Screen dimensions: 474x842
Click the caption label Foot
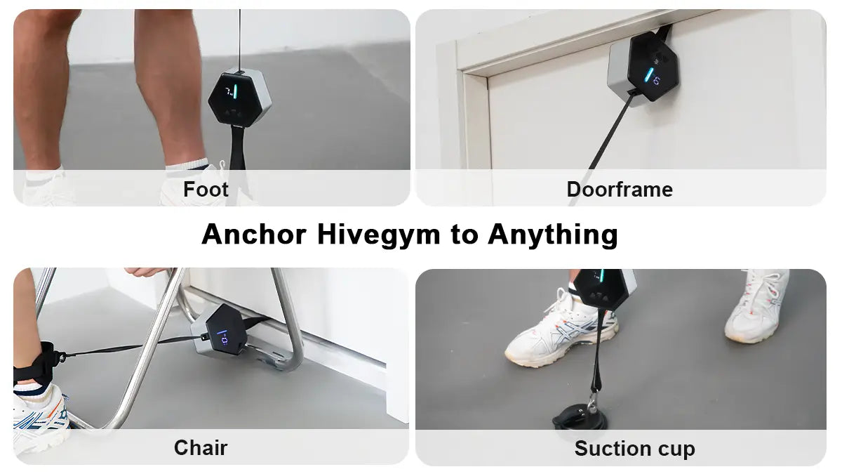[x=206, y=190]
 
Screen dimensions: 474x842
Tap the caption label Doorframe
[x=620, y=190]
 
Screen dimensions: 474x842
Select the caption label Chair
[x=201, y=448]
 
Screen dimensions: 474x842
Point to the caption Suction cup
[x=634, y=449]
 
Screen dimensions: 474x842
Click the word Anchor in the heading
[x=254, y=235]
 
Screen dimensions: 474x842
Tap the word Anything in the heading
[x=552, y=235]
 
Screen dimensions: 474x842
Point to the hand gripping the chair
[x=147, y=272]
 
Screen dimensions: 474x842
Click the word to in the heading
[x=463, y=235]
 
